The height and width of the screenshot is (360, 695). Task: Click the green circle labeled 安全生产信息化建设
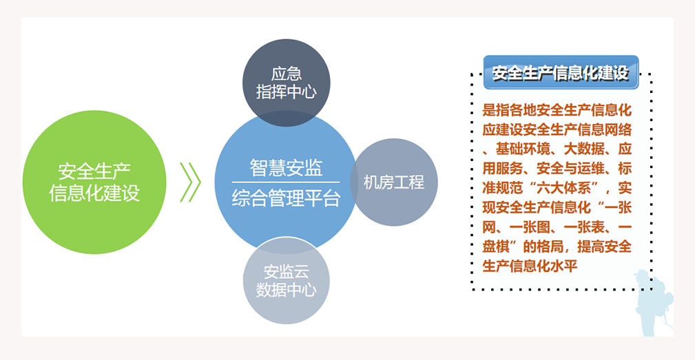click(x=94, y=182)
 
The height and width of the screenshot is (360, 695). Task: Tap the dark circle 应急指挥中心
click(x=287, y=83)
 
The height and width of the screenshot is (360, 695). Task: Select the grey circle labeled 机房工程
click(x=394, y=182)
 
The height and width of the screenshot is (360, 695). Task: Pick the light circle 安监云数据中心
click(x=287, y=280)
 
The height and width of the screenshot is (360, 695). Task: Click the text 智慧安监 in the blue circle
click(x=286, y=168)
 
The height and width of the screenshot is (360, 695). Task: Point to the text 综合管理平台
click(x=286, y=199)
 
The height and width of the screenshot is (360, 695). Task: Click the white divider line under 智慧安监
click(x=286, y=182)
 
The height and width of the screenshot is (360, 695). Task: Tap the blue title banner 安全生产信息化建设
click(x=561, y=72)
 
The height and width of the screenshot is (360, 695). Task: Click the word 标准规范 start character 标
click(x=625, y=168)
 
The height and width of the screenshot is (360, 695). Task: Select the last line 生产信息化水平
click(x=530, y=266)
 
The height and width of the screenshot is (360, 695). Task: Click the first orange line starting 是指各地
click(x=557, y=110)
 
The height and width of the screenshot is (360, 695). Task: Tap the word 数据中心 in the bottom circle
click(x=287, y=290)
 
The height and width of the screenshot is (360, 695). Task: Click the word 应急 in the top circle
click(x=287, y=74)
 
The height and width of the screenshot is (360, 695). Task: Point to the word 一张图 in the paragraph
click(x=530, y=226)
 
